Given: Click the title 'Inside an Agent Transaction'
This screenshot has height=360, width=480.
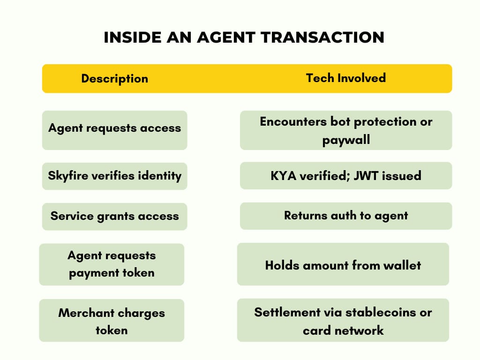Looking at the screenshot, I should [x=244, y=37].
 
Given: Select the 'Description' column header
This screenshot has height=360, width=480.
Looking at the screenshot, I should [x=114, y=79].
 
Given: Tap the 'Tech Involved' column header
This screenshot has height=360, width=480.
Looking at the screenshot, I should [x=345, y=78].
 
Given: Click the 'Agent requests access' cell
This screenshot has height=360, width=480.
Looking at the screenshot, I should [x=114, y=128].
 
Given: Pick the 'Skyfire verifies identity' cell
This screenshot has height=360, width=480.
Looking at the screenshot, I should [x=114, y=176].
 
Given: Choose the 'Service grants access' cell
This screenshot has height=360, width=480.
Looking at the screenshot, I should [x=114, y=216].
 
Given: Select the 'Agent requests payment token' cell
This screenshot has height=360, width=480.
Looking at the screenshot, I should [x=112, y=264].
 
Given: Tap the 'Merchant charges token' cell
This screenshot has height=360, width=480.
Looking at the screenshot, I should [x=112, y=321].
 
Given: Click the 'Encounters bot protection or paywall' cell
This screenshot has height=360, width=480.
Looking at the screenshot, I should [x=346, y=130].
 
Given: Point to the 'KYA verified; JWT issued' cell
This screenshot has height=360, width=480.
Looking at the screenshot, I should [x=346, y=176].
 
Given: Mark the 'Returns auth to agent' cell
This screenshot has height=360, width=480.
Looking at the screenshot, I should [x=346, y=216].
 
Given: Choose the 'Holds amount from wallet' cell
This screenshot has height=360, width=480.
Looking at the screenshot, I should [x=343, y=265].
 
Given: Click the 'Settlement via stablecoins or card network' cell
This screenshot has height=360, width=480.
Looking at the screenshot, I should [x=343, y=321].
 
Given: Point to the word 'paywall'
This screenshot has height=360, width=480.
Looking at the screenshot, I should [x=346, y=140].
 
